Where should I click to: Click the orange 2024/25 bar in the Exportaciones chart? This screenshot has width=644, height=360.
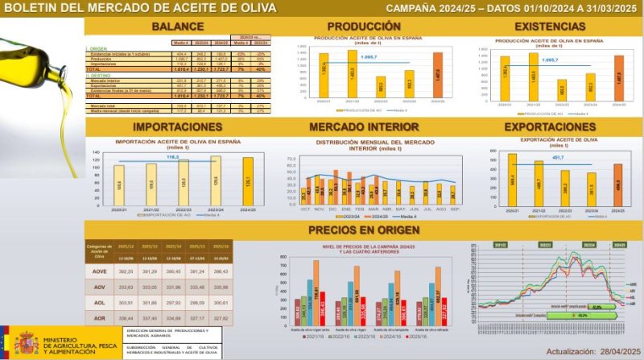pyautogui.click(x=617, y=188)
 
